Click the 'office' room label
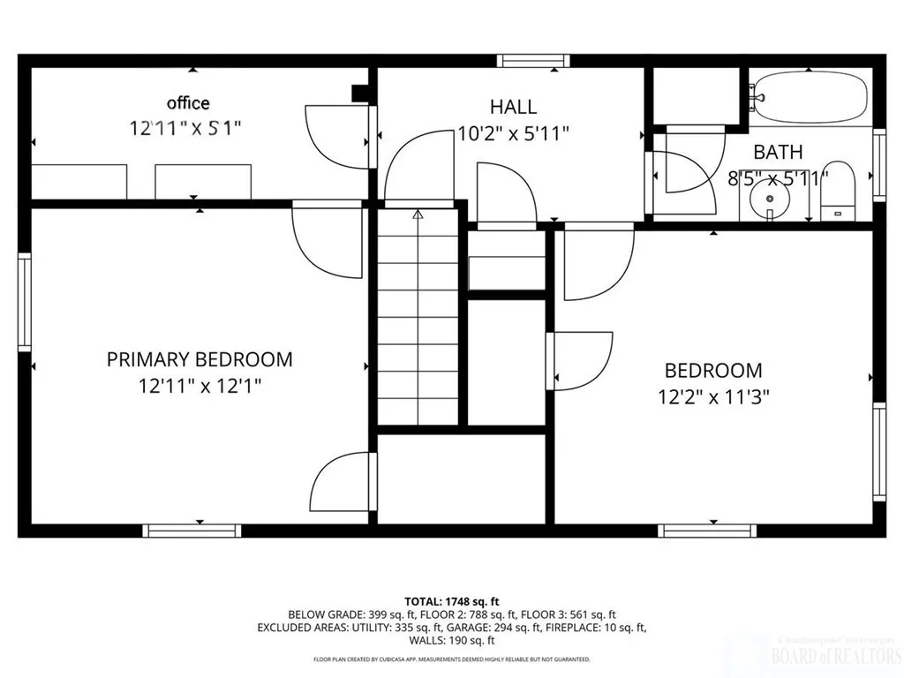coord(189,103)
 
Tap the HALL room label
coord(513,107)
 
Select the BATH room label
coord(778,152)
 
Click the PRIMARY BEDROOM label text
coord(200,359)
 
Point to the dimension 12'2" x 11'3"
coord(713,396)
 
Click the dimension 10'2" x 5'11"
coord(513,133)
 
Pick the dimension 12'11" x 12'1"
coord(200,386)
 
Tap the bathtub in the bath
coord(809,97)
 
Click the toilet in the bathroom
coord(839,191)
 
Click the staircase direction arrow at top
coord(418,214)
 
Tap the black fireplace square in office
coord(360,94)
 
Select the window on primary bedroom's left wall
coord(25,302)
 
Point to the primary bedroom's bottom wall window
coord(192,531)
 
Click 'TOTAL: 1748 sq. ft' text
coord(451,601)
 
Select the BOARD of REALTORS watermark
coord(836,655)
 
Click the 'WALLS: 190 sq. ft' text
coord(452,641)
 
